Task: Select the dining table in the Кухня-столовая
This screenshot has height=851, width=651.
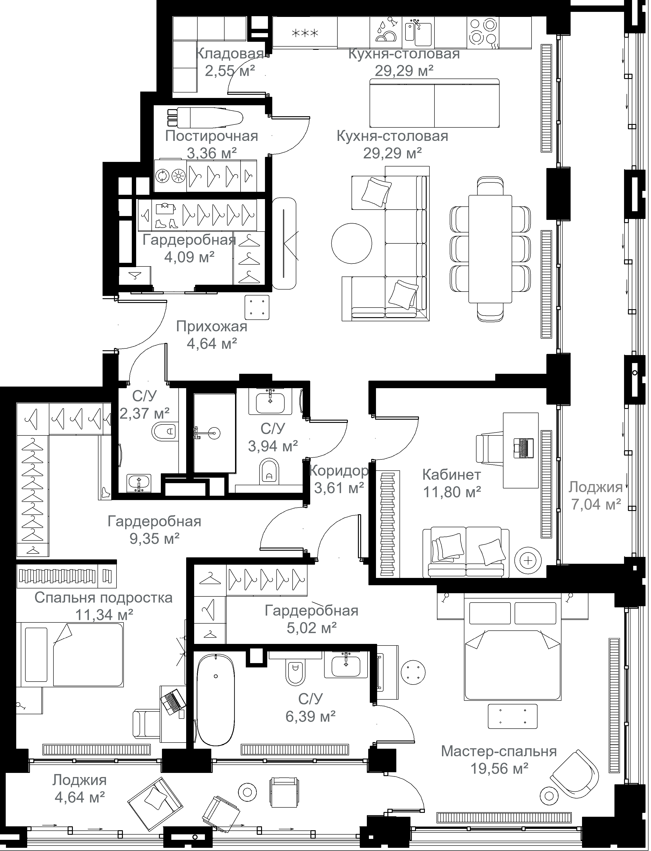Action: coord(490,249)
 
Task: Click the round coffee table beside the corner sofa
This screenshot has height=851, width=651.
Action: coord(352,243)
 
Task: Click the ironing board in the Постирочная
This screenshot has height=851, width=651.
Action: coord(205,117)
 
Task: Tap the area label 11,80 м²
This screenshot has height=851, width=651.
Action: coord(452,492)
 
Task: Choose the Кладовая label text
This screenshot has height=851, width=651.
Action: coord(229,53)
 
